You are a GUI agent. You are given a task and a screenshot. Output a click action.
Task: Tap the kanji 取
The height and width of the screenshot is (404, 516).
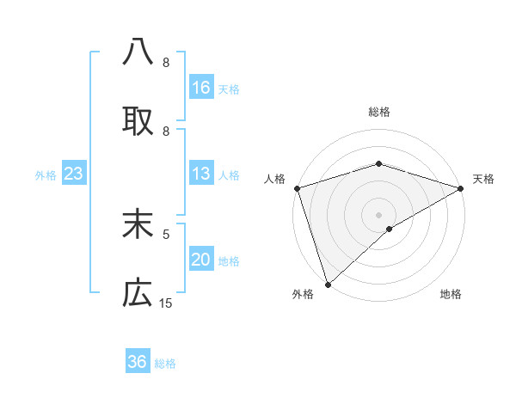pyautogui.click(x=138, y=121)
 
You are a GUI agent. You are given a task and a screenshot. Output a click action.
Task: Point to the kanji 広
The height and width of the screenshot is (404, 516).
pyautogui.click(x=138, y=294)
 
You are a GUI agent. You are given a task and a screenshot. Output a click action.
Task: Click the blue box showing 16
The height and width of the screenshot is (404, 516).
pyautogui.click(x=200, y=88)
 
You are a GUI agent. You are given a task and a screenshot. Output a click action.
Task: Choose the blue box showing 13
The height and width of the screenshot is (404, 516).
pyautogui.click(x=200, y=174)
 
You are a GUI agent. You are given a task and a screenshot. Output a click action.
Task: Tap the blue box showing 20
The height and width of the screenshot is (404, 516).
pyautogui.click(x=200, y=260)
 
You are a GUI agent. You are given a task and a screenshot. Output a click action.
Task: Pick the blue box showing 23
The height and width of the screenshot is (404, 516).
pyautogui.click(x=74, y=174)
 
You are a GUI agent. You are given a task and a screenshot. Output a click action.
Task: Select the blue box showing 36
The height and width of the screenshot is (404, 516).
pyautogui.click(x=138, y=362)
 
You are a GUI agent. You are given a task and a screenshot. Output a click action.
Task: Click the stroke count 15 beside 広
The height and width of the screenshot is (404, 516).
pyautogui.click(x=166, y=303)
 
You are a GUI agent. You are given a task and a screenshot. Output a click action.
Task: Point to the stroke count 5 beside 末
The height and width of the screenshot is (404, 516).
pyautogui.click(x=166, y=233)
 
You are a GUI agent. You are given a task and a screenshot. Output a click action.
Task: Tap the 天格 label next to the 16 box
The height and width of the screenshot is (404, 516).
pyautogui.click(x=229, y=89)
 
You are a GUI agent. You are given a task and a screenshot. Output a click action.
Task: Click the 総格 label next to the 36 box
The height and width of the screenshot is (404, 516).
pyautogui.click(x=165, y=363)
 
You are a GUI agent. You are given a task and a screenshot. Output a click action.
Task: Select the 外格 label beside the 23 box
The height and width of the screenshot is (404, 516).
pyautogui.click(x=46, y=174)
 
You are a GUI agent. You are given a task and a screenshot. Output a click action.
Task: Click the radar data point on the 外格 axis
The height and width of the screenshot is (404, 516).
pyautogui.click(x=328, y=284)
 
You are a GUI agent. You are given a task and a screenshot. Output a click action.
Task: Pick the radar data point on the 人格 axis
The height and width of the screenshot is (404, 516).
pyautogui.click(x=297, y=188)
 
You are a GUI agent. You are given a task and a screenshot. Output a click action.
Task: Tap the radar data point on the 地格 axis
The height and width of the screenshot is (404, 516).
pyautogui.click(x=390, y=229)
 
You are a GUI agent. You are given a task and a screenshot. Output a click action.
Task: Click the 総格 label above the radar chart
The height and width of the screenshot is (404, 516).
pyautogui.click(x=378, y=112)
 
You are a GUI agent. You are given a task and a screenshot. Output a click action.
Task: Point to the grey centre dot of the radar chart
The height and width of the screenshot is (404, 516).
pyautogui.click(x=378, y=214)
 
